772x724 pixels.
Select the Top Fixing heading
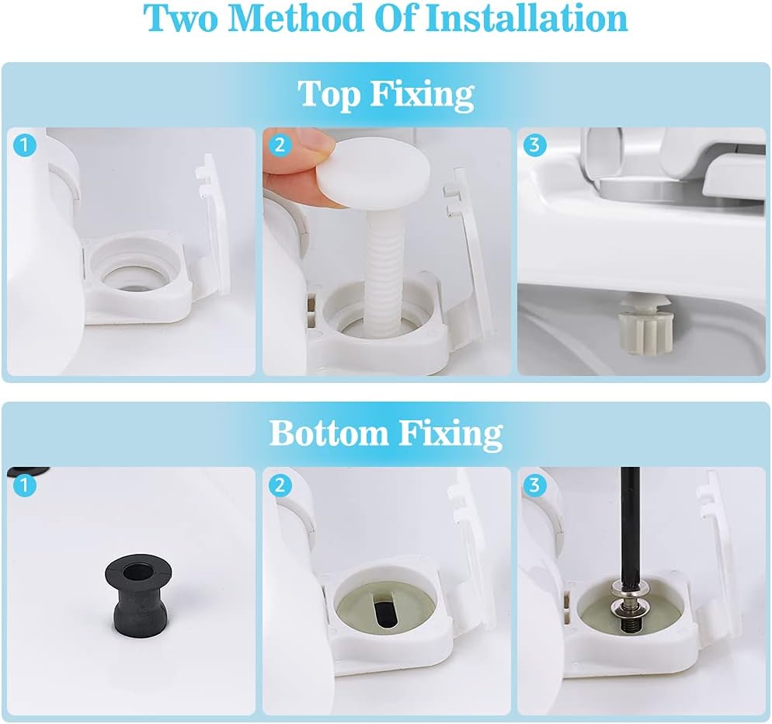point(386,94)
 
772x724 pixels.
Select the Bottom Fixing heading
point(386,433)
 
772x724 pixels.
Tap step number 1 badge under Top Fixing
point(25,145)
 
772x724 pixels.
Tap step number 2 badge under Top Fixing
point(280,145)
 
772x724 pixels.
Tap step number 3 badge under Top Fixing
point(534,145)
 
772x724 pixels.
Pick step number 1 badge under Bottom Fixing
point(25,486)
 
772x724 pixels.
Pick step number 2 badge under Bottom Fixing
point(280,486)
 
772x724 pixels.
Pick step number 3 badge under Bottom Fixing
point(534,486)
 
